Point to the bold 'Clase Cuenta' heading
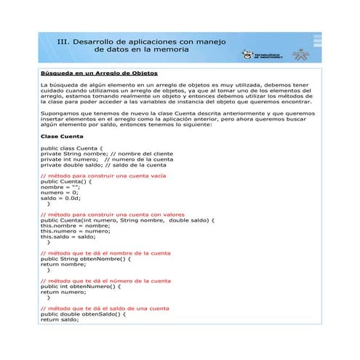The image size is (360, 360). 62,136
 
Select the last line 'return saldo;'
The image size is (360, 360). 59,319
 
